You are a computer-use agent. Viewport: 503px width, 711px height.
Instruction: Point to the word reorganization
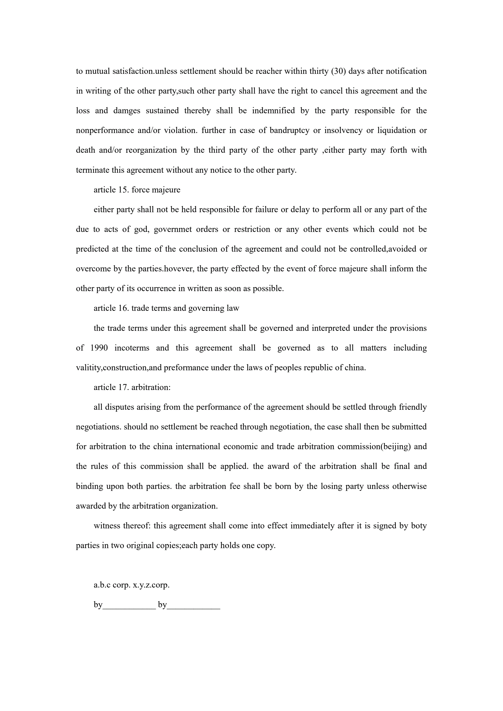(x=151, y=150)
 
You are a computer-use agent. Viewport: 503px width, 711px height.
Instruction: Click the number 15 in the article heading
(x=123, y=190)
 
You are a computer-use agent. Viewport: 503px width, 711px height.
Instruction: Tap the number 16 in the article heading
(x=123, y=308)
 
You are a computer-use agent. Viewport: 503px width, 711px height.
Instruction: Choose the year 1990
(x=99, y=348)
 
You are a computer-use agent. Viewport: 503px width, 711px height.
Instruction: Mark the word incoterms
(x=132, y=348)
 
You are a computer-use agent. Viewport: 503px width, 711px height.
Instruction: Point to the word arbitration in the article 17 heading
(x=151, y=387)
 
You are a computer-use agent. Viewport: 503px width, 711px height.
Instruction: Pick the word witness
(x=107, y=526)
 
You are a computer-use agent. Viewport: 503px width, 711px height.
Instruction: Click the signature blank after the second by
(x=194, y=605)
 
